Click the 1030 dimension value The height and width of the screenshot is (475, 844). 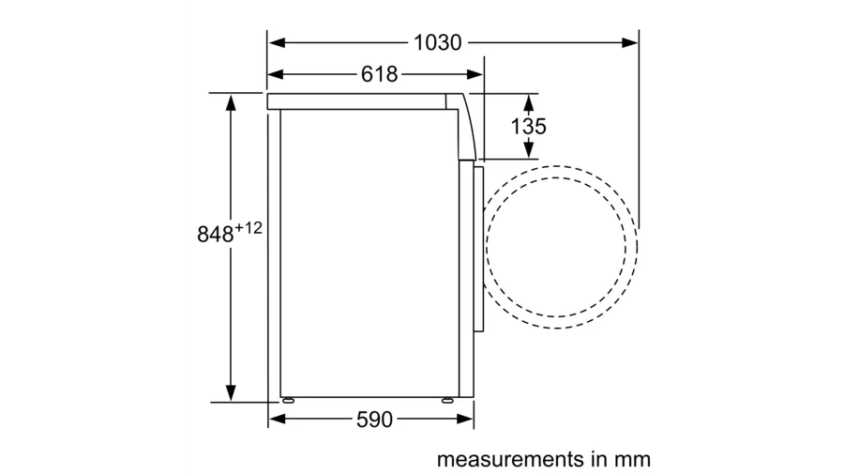(437, 42)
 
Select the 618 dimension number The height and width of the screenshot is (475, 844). (380, 74)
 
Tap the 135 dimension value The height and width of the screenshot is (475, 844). (529, 126)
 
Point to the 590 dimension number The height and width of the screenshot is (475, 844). (374, 420)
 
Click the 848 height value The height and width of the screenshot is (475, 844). (215, 235)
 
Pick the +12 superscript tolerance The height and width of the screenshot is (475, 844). (248, 228)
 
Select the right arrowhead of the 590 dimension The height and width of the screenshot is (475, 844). (468, 420)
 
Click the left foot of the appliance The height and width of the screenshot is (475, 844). (286, 399)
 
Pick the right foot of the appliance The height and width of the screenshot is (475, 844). (448, 399)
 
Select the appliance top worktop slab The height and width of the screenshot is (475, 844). (356, 101)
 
